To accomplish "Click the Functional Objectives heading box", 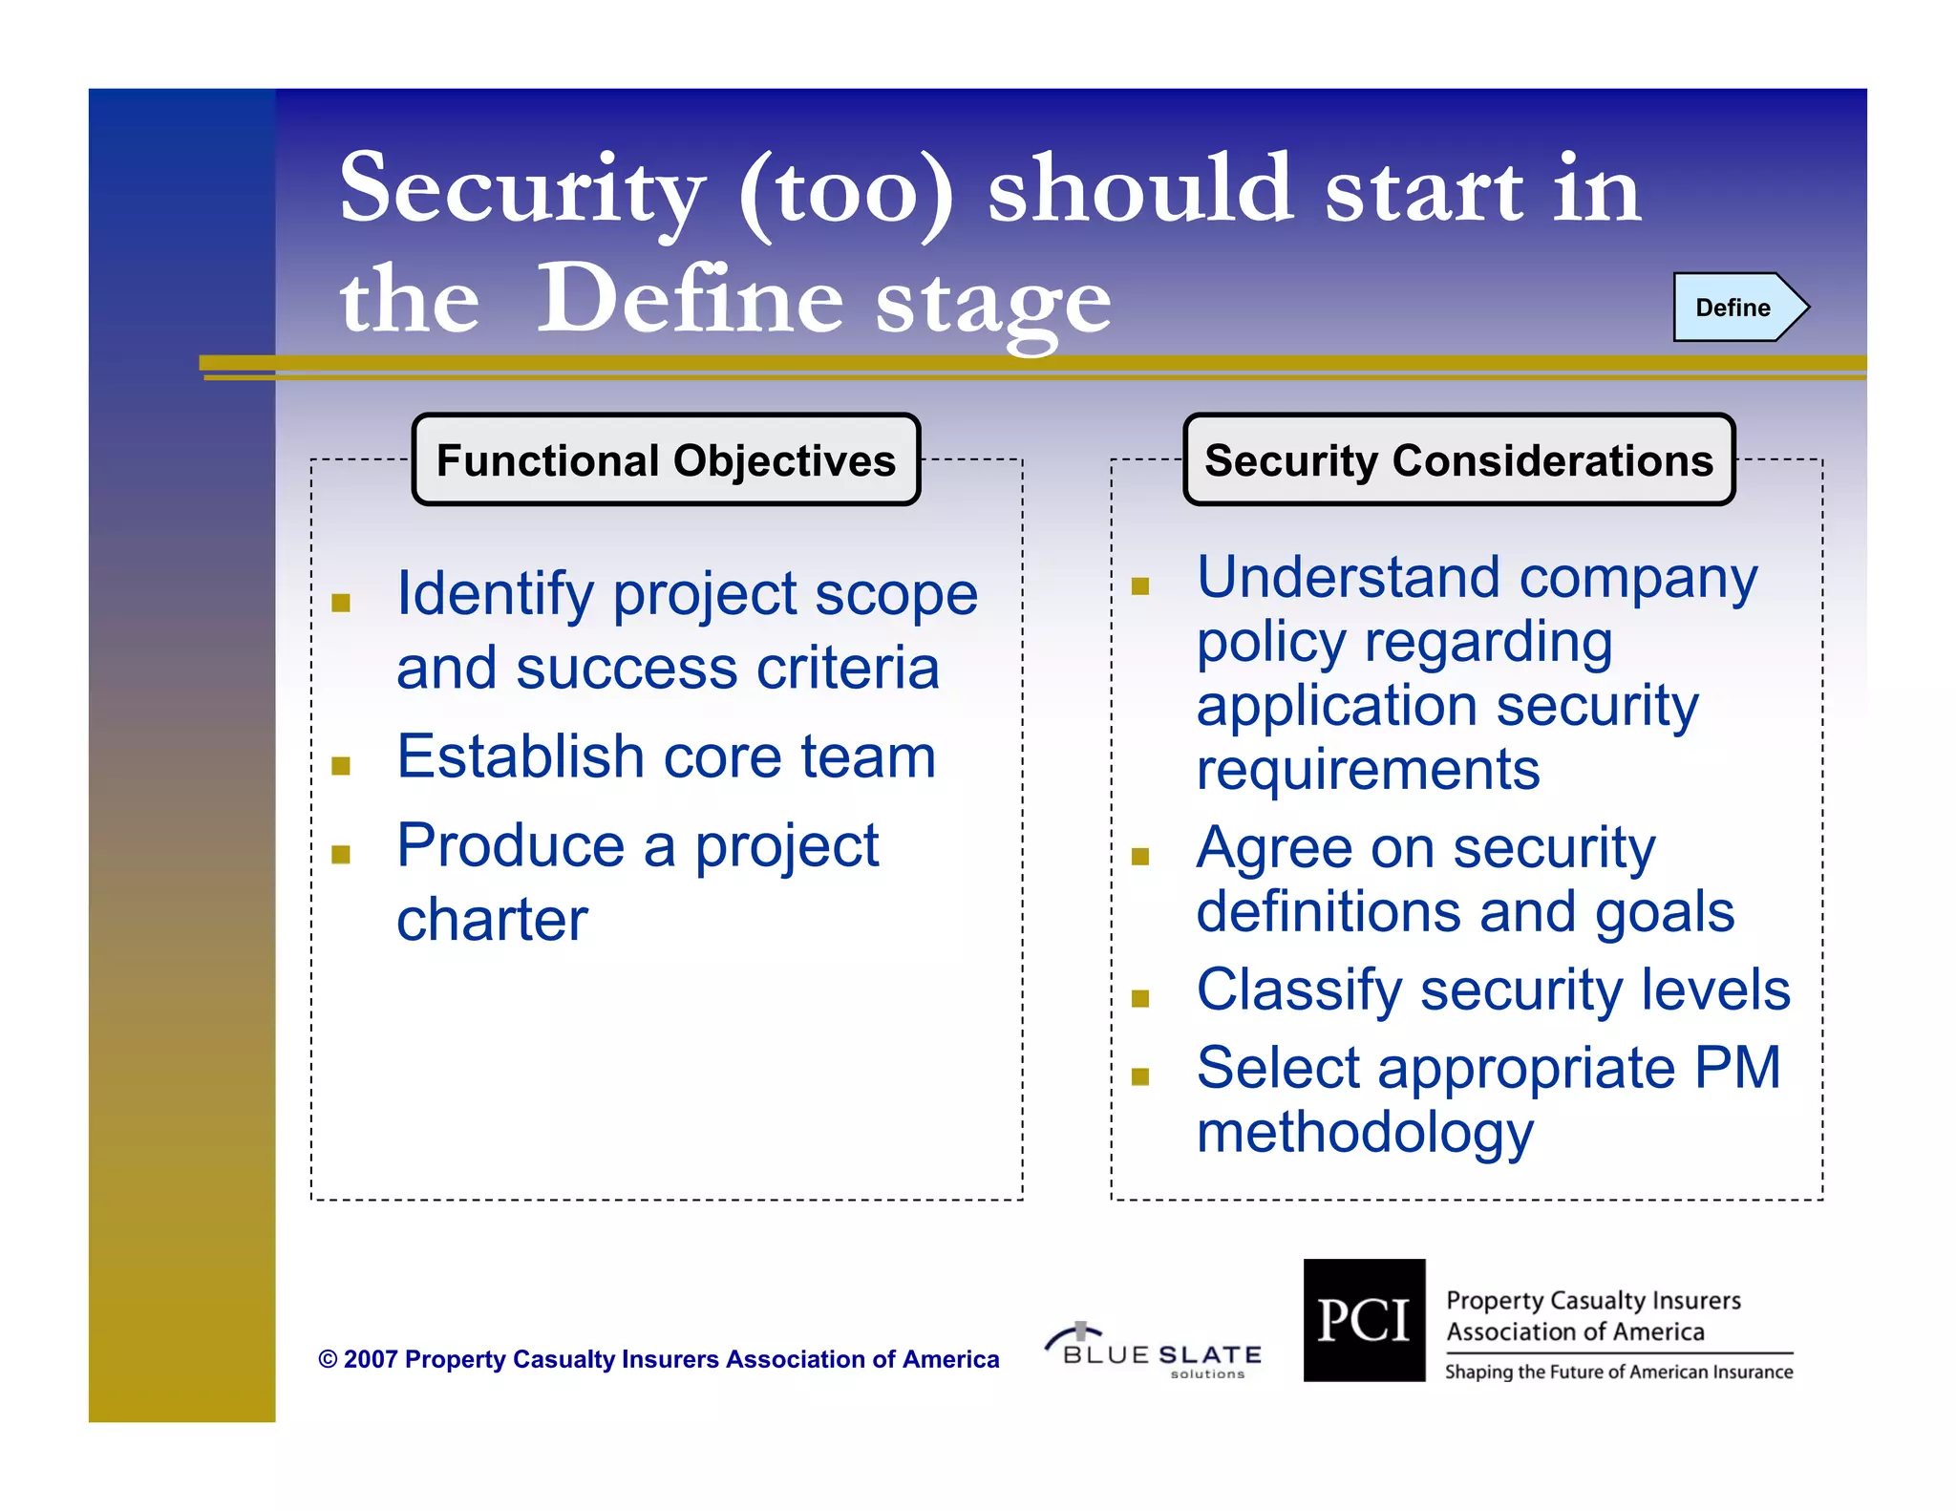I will click(x=666, y=460).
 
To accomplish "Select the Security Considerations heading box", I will click(x=1458, y=460).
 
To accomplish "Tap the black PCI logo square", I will click(x=1364, y=1320).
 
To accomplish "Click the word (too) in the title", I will click(x=845, y=190).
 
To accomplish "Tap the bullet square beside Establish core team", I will click(x=341, y=766).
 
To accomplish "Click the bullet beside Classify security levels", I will click(x=1139, y=999).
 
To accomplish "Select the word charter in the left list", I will click(x=492, y=920).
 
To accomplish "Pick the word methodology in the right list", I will click(x=1365, y=1133).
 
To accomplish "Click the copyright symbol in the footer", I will click(x=328, y=1359).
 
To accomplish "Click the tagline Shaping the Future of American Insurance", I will click(x=1618, y=1373).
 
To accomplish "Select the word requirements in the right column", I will click(x=1368, y=770).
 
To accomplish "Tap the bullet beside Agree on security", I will click(x=1139, y=857).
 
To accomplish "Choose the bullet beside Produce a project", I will click(x=341, y=855).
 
